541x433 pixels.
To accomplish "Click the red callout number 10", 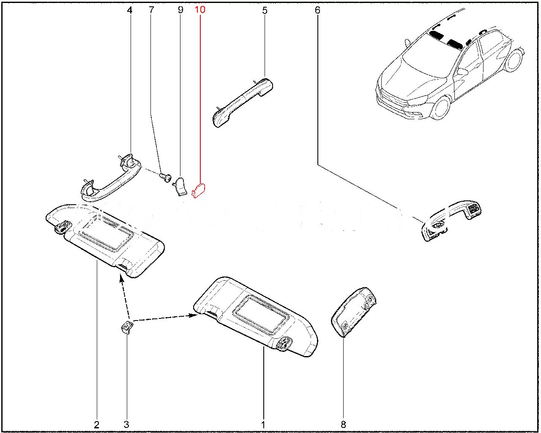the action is (200, 10).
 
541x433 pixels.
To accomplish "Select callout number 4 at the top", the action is (129, 10).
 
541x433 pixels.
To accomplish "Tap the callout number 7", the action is (151, 10).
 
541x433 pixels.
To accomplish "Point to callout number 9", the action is (180, 10).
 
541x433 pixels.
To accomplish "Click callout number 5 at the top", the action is (265, 10).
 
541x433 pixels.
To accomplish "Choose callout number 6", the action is (317, 10).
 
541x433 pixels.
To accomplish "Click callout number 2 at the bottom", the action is (97, 425).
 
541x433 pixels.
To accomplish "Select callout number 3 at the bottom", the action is (126, 425).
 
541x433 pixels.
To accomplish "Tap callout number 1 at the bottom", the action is (263, 425).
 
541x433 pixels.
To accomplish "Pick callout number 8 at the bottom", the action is (343, 425).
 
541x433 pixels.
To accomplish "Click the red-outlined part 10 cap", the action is (199, 190).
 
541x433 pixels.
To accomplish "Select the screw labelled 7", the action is (166, 177).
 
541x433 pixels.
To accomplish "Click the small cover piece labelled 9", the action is (180, 186).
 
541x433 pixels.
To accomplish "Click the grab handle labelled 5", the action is (243, 103).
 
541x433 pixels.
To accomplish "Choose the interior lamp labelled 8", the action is (354, 312).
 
